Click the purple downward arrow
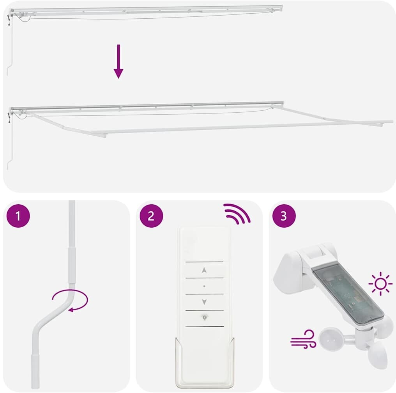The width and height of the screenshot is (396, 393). click(118, 61)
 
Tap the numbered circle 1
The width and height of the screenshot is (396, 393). click(18, 216)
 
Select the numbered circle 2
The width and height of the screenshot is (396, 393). click(151, 216)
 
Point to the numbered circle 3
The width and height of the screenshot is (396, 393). click(284, 216)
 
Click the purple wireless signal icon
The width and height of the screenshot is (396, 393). click(237, 214)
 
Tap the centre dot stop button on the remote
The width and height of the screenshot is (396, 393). click(204, 286)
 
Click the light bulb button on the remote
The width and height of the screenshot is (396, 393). click(205, 317)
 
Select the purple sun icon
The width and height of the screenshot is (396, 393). click(380, 284)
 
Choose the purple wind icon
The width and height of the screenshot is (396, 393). click(303, 339)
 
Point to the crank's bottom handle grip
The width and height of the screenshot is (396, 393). click(35, 371)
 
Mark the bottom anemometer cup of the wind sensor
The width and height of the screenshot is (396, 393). click(377, 356)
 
